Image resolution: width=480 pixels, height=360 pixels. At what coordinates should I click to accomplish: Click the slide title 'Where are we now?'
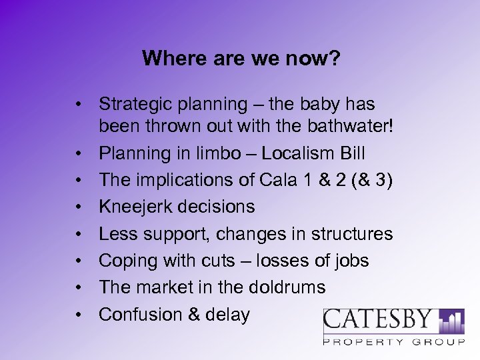(241, 59)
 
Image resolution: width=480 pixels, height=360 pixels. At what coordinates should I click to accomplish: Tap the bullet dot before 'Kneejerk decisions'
(79, 207)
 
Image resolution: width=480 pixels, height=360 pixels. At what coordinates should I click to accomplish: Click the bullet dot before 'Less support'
(79, 234)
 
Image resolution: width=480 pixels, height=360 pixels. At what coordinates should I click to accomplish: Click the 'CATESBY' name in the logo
(378, 321)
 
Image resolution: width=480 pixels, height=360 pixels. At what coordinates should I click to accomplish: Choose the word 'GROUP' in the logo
(440, 342)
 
